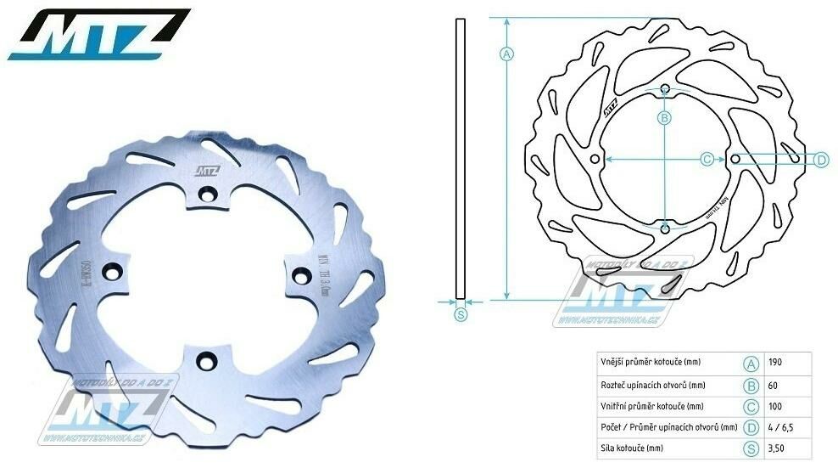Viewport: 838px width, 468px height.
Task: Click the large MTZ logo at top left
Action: pyautogui.click(x=99, y=35)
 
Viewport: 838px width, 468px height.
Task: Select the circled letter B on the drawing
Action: pyautogui.click(x=665, y=117)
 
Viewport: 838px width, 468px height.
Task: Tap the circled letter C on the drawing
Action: pyautogui.click(x=707, y=159)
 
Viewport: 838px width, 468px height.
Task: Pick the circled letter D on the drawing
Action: pyautogui.click(x=820, y=159)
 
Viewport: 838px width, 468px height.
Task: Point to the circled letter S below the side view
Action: pyautogui.click(x=461, y=315)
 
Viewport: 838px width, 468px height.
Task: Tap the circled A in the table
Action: pyautogui.click(x=750, y=363)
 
